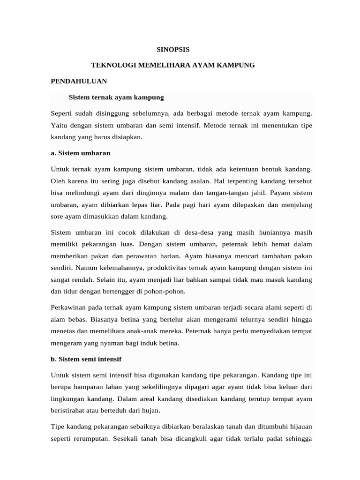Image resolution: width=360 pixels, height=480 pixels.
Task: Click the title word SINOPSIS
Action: [x=173, y=48]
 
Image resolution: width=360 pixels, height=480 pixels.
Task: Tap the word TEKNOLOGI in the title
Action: [x=113, y=65]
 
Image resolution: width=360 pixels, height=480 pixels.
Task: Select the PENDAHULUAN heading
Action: [x=79, y=81]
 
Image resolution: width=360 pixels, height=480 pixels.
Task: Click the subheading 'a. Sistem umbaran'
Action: [x=80, y=153]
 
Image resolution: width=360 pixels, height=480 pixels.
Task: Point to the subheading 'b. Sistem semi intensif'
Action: [x=86, y=359]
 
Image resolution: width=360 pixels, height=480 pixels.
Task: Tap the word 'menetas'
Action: [x=62, y=331]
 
